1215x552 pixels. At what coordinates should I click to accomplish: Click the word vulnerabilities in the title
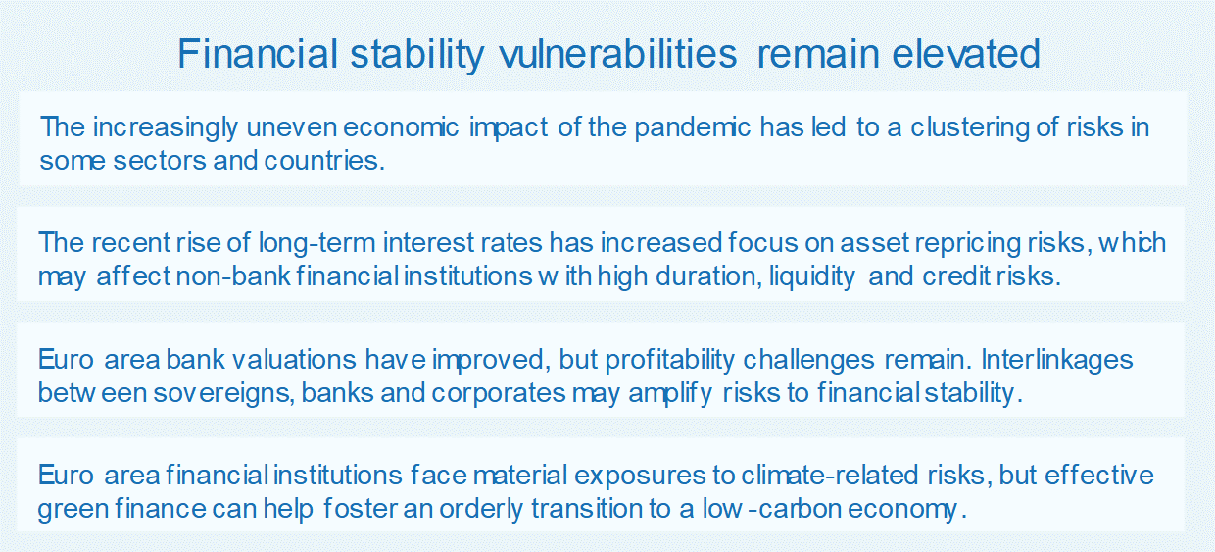click(618, 54)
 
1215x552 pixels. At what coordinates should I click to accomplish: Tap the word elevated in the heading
click(966, 54)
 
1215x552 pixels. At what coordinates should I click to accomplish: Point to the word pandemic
click(693, 128)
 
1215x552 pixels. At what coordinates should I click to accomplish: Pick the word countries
click(324, 161)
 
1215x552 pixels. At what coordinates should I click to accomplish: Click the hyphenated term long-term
click(316, 243)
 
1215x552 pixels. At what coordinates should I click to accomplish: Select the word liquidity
click(812, 276)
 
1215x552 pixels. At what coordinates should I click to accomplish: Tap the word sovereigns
click(224, 394)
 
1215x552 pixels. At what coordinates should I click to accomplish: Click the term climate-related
click(829, 476)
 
